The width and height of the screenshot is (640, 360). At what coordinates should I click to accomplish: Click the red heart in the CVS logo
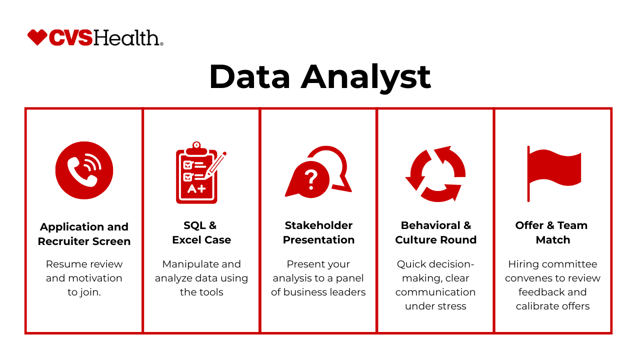tap(37, 37)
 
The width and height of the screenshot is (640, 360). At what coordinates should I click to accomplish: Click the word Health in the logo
tap(127, 37)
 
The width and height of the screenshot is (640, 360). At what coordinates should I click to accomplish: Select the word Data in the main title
tap(249, 76)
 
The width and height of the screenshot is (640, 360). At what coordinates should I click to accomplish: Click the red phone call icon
tap(84, 170)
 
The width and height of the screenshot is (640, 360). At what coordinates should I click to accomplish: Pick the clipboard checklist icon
tap(201, 172)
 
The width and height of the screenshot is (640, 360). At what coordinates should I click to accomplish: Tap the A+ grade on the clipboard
tap(196, 188)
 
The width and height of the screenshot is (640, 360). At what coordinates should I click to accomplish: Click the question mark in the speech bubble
tap(311, 179)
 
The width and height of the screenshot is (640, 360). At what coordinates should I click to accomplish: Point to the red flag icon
tap(553, 173)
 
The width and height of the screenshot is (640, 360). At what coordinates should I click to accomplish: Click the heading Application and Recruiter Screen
tap(84, 234)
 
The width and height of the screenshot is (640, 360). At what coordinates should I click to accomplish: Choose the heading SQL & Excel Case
tap(201, 232)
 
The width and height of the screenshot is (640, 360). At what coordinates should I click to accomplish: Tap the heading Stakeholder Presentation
tap(318, 232)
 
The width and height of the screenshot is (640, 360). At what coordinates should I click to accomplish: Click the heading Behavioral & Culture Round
tap(435, 232)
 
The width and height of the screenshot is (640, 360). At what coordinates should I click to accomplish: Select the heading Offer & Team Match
tap(552, 232)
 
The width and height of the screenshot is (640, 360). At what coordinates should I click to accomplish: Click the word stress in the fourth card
tap(453, 306)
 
